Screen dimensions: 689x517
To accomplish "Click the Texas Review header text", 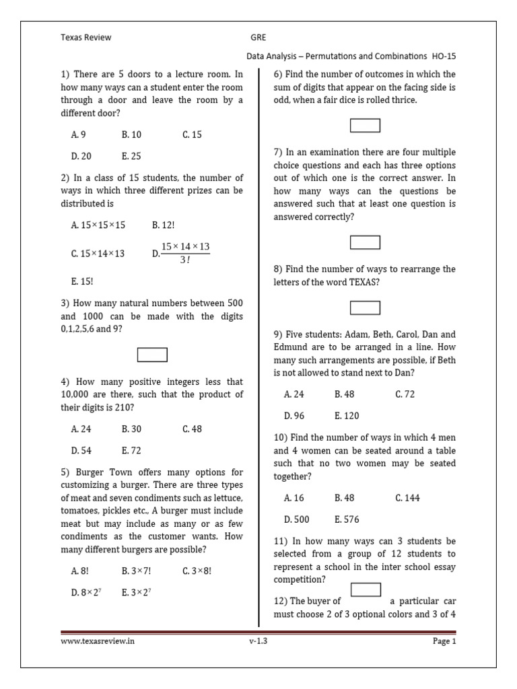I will [x=86, y=38].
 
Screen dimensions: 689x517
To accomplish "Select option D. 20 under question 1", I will [x=81, y=156].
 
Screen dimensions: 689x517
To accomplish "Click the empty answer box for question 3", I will [x=152, y=354].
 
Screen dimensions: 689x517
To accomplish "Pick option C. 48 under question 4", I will [x=192, y=429].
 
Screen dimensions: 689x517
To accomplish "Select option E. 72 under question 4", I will [x=131, y=450].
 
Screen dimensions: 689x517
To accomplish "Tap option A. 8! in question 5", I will [x=80, y=571].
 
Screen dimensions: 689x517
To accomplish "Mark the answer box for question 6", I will [x=365, y=125].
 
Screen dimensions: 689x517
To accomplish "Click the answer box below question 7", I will [x=365, y=242].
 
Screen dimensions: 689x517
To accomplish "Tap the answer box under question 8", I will [x=365, y=307].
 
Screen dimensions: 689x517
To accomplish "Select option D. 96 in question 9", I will [x=294, y=415].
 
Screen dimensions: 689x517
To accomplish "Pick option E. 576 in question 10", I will [x=347, y=519].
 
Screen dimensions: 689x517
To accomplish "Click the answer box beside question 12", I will [x=366, y=590].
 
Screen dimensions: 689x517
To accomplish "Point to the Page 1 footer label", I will [x=444, y=641].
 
